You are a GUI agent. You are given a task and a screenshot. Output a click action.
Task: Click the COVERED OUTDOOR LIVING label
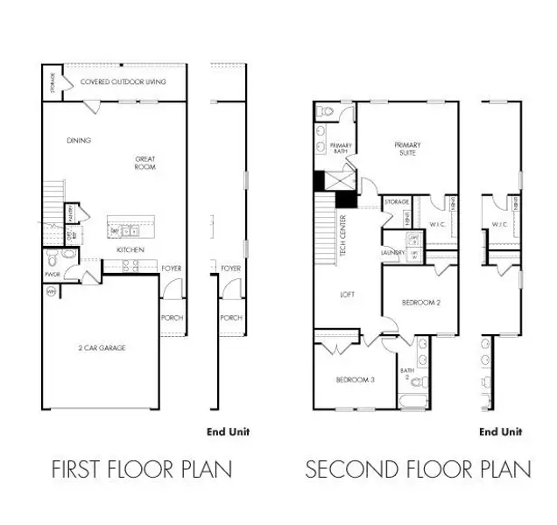coord(123,82)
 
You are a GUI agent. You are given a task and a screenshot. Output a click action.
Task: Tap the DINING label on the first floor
coord(79,140)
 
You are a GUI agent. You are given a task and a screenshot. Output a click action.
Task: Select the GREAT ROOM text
coord(145,163)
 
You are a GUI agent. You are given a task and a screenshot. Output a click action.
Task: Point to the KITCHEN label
coord(130,250)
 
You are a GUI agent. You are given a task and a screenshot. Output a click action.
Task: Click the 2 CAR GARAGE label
coord(101,347)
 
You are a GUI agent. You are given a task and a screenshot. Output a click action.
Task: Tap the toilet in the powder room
coord(53,259)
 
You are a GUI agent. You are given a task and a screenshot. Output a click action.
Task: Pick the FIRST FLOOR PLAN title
coord(140,469)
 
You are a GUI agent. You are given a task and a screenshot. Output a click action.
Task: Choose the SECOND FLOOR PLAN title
coord(418,469)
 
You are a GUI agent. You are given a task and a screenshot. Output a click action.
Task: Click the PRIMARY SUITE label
coord(407,149)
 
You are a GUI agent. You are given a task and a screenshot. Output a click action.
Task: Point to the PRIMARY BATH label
coord(341,149)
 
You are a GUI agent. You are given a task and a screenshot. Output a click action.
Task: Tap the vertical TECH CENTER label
coord(344,231)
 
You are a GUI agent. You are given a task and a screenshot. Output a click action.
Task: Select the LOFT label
coord(347,295)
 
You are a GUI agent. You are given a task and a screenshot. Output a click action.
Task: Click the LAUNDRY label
coord(392,254)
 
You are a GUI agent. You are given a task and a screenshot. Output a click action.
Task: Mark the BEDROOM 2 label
coord(420,303)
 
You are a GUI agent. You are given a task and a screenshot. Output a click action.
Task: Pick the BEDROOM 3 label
coord(355,380)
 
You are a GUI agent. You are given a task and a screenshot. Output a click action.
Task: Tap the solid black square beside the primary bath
coord(320,181)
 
